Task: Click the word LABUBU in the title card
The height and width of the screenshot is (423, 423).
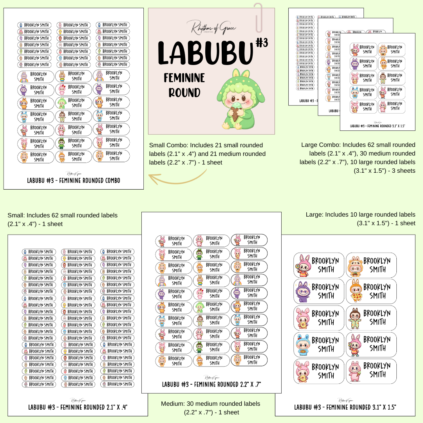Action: (205, 53)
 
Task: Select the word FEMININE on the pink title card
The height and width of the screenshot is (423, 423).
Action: (184, 78)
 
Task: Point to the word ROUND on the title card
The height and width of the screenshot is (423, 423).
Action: (184, 92)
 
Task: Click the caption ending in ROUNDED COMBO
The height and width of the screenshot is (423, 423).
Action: (74, 181)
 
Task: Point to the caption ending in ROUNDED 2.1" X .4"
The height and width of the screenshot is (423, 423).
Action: (78, 407)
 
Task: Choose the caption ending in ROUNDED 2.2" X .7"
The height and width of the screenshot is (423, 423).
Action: (211, 384)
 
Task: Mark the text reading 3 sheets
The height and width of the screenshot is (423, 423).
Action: (402, 170)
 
